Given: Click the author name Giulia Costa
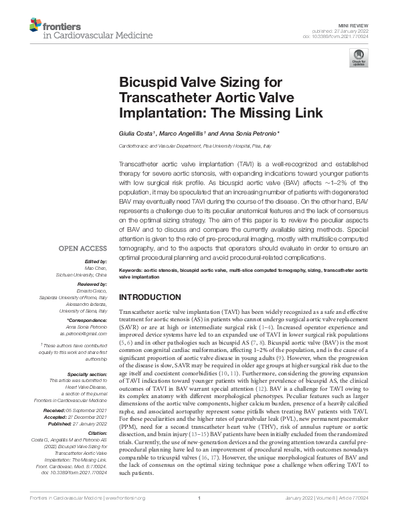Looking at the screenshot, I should (x=138, y=134).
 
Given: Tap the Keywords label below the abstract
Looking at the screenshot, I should (x=133, y=270).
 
